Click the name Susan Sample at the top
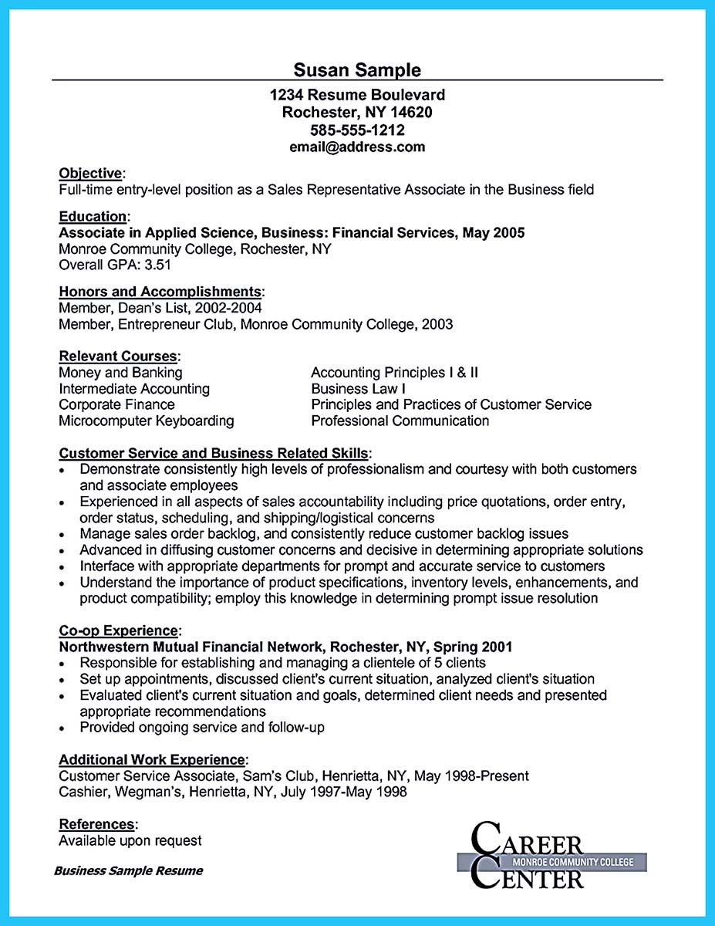[357, 70]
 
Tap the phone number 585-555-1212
[357, 130]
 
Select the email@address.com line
[357, 147]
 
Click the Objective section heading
[90, 173]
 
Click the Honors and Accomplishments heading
[160, 292]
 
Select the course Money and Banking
[120, 373]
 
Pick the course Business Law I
[358, 389]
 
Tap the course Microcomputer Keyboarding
[147, 421]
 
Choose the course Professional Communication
[400, 421]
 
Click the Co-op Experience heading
[120, 630]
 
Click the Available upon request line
[130, 840]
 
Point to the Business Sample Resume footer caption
[128, 871]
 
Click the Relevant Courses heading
[118, 357]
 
